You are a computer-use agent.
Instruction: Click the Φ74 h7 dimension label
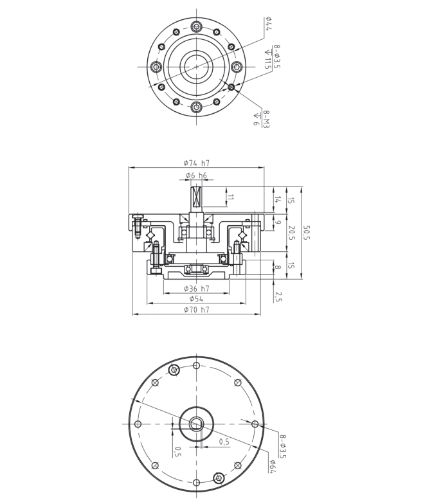197,163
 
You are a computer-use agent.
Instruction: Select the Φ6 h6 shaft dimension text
196,175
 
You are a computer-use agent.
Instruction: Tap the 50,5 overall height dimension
306,233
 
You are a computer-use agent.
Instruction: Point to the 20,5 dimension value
291,233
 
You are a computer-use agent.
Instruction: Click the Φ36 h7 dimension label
197,289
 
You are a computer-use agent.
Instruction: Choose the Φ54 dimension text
197,299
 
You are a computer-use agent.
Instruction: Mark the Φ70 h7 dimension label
197,310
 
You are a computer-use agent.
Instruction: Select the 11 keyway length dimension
230,197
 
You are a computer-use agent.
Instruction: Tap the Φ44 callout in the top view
268,24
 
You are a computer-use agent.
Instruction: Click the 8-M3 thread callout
266,120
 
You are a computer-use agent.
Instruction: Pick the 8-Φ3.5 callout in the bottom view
282,446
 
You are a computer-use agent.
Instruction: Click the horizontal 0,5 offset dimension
224,442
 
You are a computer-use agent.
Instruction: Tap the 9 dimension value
278,222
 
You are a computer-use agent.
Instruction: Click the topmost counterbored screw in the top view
196,27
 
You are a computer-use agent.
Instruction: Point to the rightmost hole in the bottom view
255,424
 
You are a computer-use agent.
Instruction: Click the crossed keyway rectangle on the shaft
197,197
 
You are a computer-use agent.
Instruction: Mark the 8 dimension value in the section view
278,267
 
